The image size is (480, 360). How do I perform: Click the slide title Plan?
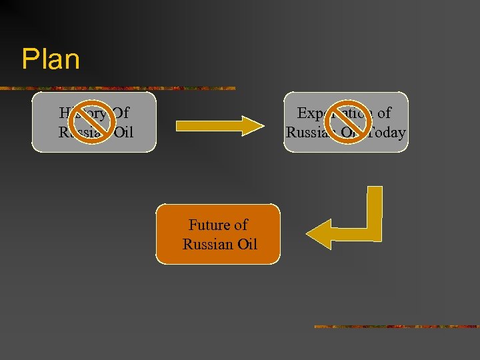click(x=51, y=59)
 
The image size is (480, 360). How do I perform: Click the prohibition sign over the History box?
click(x=91, y=121)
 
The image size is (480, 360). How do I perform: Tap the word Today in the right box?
click(x=387, y=133)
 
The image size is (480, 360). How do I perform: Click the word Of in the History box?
click(x=121, y=113)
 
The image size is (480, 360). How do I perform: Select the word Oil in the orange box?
click(x=245, y=244)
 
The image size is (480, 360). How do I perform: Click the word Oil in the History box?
click(x=123, y=133)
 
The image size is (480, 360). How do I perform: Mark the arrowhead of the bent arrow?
click(x=318, y=233)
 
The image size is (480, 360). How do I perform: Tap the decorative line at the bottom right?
click(x=396, y=327)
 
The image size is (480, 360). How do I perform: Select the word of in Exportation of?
click(x=384, y=113)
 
